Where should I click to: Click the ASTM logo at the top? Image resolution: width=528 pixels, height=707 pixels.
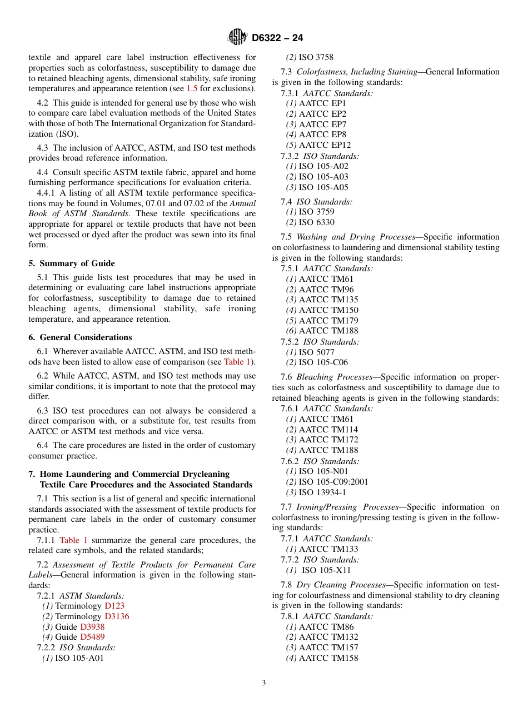pyautogui.click(x=237, y=37)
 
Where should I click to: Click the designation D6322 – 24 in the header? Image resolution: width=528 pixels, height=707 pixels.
pyautogui.click(x=277, y=38)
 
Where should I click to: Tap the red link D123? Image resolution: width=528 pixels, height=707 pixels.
pyautogui.click(x=114, y=606)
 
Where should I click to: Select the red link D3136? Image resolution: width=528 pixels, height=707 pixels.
pyautogui.click(x=117, y=616)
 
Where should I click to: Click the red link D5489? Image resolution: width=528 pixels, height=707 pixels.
pyautogui.click(x=92, y=637)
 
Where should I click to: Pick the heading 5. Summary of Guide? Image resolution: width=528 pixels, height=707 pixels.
pyautogui.click(x=72, y=263)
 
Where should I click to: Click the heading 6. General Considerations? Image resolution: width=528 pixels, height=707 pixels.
pyautogui.click(x=80, y=337)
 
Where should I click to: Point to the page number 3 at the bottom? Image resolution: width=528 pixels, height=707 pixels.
pyautogui.click(x=263, y=683)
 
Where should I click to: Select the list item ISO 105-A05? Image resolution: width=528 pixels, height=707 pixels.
pyautogui.click(x=323, y=187)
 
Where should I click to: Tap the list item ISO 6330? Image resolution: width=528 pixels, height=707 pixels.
pyautogui.click(x=316, y=222)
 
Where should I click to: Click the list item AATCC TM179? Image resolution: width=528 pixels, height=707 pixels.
pyautogui.click(x=328, y=321)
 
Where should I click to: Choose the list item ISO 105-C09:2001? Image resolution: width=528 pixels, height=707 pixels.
pyautogui.click(x=333, y=482)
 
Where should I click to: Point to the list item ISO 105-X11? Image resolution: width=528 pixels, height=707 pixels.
pyautogui.click(x=326, y=570)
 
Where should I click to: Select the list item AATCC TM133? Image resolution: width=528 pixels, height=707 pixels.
pyautogui.click(x=328, y=549)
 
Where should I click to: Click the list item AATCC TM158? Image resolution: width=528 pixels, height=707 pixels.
pyautogui.click(x=328, y=658)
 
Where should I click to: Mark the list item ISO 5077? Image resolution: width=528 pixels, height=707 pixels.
pyautogui.click(x=316, y=352)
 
